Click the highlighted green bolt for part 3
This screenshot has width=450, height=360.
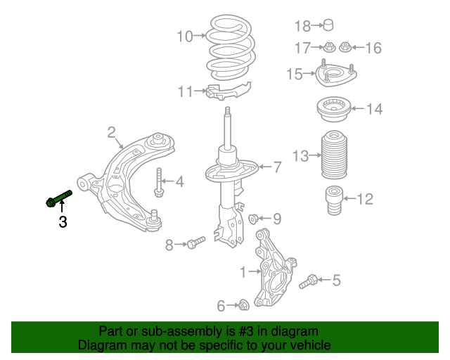tap(59, 198)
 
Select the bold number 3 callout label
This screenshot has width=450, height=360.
tap(63, 223)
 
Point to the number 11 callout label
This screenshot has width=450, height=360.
tap(185, 91)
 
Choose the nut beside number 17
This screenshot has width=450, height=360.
tap(328, 48)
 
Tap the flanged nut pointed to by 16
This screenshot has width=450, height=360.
tap(345, 48)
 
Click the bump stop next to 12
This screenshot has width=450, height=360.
tap(333, 200)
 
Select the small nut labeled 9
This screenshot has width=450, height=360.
tap(256, 219)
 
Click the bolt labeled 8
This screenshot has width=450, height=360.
tap(195, 243)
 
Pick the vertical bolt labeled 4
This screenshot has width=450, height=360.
tap(160, 182)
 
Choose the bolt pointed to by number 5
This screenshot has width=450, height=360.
tap(307, 283)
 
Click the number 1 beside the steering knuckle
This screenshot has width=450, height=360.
tap(243, 271)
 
